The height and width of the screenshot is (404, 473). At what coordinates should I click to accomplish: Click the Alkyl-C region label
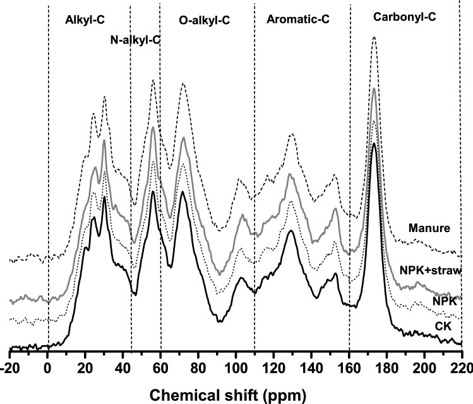(85, 20)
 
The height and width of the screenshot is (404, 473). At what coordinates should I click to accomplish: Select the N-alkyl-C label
(131, 40)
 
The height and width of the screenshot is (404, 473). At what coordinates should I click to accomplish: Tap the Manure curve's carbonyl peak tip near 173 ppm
(374, 37)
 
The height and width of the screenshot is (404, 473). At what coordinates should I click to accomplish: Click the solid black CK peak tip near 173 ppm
(374, 144)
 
